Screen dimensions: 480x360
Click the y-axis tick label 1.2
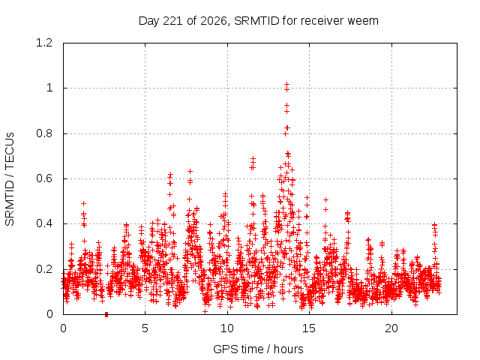click(x=44, y=43)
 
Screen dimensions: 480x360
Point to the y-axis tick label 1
click(x=49, y=88)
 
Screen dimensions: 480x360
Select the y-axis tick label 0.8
click(x=44, y=133)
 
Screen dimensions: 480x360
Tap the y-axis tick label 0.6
click(x=44, y=178)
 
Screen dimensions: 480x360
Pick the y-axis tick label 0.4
click(x=44, y=223)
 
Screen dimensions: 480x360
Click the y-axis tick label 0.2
click(x=44, y=269)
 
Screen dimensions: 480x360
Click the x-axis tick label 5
click(x=145, y=328)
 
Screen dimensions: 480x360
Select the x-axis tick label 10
click(x=227, y=328)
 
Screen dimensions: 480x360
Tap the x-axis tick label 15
click(x=309, y=328)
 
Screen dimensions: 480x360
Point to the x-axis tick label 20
click(x=391, y=328)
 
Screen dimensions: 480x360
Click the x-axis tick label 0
click(x=63, y=328)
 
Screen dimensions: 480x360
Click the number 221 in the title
click(x=173, y=21)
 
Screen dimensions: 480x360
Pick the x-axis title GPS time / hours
click(x=258, y=349)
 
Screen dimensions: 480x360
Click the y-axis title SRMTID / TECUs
click(x=10, y=179)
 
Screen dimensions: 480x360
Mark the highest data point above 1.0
click(x=286, y=84)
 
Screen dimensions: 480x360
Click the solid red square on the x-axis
click(x=106, y=314)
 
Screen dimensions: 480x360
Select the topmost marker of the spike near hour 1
click(x=83, y=203)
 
